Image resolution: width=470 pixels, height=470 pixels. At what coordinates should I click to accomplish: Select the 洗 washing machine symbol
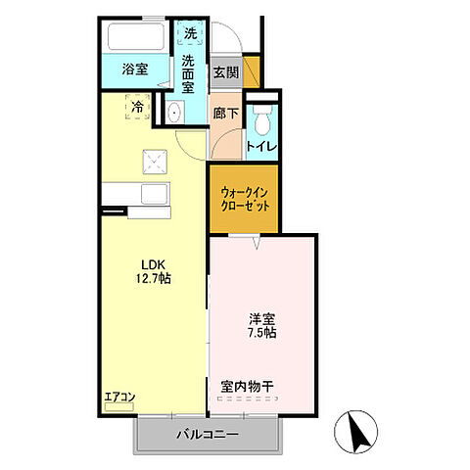pyautogui.click(x=191, y=32)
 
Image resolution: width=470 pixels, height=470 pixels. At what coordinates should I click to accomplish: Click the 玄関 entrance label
pyautogui.click(x=225, y=72)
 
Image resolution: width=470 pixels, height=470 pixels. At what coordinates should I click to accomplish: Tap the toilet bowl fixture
pyautogui.click(x=260, y=123)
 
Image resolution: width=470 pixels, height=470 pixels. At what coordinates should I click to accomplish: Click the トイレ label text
pyautogui.click(x=260, y=147)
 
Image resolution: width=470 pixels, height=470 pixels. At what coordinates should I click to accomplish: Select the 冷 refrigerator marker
pyautogui.click(x=138, y=106)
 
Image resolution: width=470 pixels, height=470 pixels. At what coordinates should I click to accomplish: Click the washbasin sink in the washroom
pyautogui.click(x=173, y=112)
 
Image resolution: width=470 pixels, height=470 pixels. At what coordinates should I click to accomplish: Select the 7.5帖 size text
pyautogui.click(x=260, y=332)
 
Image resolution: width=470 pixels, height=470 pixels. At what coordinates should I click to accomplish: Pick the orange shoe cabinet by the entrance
pyautogui.click(x=251, y=71)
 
